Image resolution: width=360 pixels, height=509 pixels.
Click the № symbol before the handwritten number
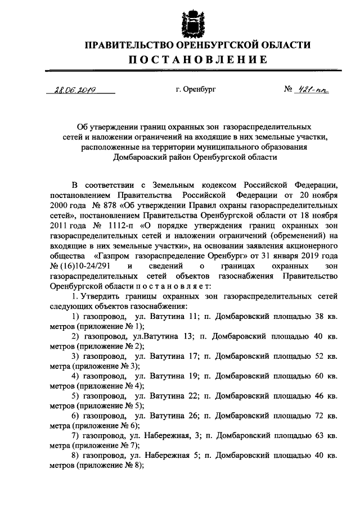(289, 89)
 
